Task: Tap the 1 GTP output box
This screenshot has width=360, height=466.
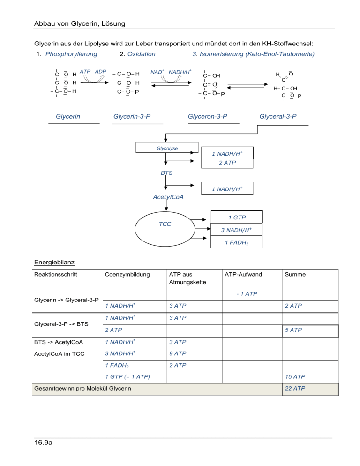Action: coord(237,218)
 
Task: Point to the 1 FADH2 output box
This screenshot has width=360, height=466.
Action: coord(237,242)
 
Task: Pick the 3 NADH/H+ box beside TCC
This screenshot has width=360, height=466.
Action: coord(237,230)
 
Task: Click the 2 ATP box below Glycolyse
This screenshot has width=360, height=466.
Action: coord(227,163)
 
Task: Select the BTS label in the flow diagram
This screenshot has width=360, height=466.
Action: coord(166,173)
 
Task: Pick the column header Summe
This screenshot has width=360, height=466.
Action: coord(293,275)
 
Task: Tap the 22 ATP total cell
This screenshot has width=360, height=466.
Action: coord(293,389)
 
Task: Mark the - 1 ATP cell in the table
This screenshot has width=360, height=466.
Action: coord(247,294)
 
